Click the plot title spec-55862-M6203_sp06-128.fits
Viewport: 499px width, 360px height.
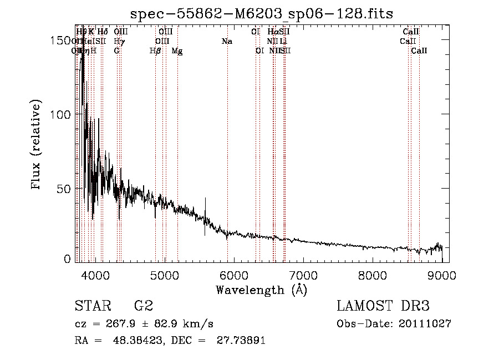coord(262,13)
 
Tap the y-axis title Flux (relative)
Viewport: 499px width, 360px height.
coord(37,146)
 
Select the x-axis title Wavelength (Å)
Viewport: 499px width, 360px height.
coord(261,290)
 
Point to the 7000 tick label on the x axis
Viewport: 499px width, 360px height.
coord(303,275)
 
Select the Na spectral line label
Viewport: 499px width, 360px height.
coord(227,41)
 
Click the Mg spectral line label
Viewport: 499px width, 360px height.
coord(177,51)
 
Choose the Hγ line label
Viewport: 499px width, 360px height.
coord(119,41)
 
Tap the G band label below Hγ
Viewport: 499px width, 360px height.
coord(117,51)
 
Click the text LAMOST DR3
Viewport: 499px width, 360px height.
coord(383,306)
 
